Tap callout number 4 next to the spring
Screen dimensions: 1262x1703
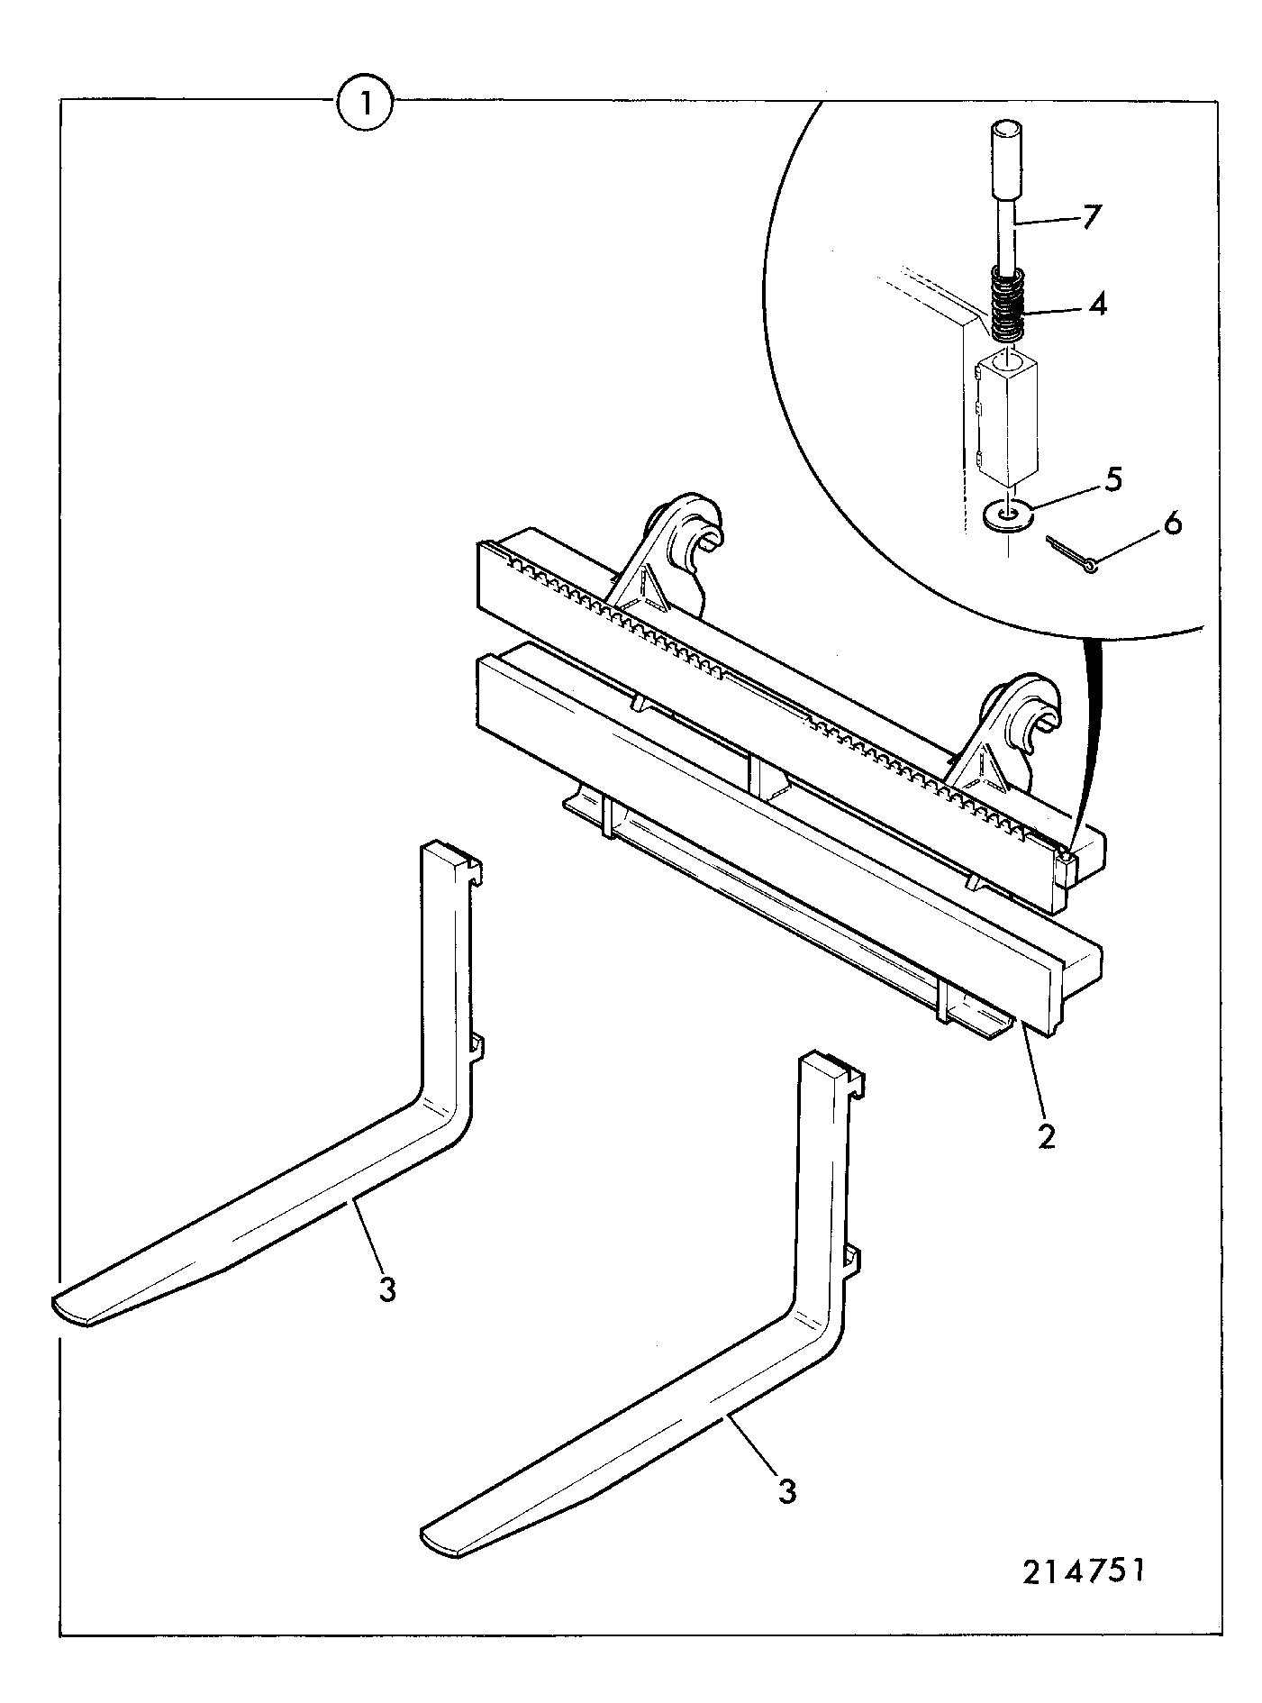pos(1097,304)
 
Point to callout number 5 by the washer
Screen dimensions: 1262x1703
pos(1113,479)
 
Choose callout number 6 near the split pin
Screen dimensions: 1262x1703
pos(1172,524)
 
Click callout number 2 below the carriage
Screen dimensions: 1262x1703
pos(1046,1136)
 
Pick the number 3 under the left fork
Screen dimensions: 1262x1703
pos(386,1289)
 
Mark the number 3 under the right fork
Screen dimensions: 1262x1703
pos(786,1491)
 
